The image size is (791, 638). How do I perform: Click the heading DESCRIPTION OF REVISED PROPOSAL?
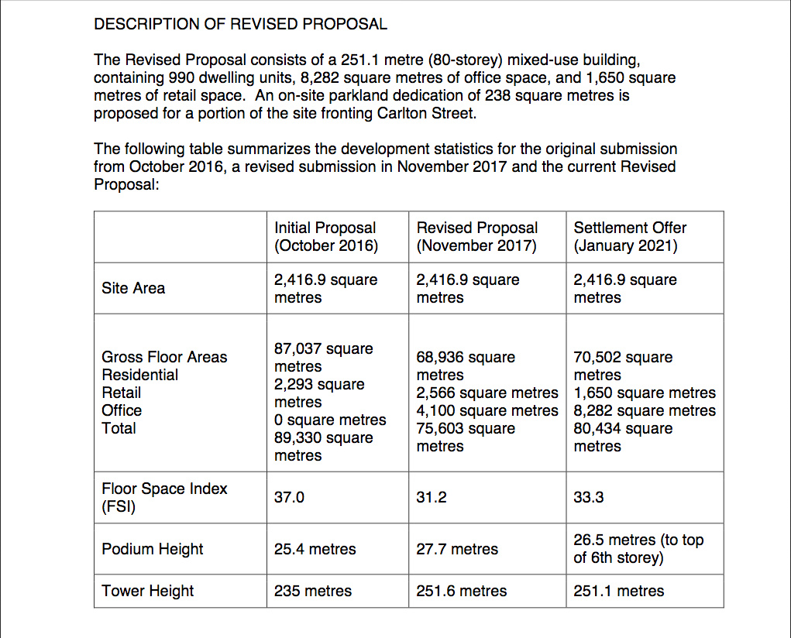240,24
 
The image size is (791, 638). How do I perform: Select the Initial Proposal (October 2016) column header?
325,237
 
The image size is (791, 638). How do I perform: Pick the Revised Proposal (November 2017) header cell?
476,237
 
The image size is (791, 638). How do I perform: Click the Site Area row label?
133,288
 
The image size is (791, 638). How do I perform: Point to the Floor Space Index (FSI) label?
164,498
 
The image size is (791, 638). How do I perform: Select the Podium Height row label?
152,549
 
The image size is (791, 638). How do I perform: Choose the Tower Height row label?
147,591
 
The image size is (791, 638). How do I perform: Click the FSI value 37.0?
289,498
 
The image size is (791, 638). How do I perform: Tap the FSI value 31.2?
431,498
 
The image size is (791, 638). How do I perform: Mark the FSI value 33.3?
588,498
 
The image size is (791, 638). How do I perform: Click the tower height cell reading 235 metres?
312,591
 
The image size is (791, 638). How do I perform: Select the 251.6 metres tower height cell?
461,591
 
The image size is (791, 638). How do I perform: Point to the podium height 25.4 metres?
315,549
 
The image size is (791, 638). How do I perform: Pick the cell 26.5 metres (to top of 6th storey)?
638,548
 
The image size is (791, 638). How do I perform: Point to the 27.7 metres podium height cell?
456,549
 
